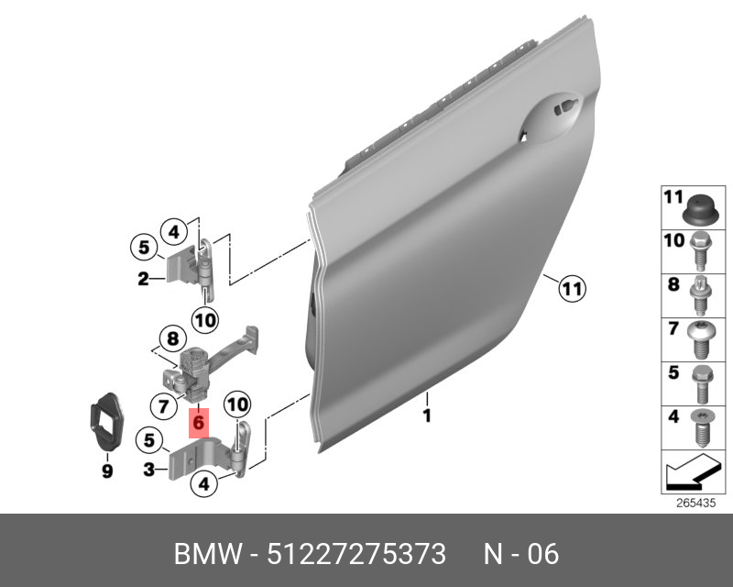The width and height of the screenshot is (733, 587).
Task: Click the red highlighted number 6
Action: point(199,423)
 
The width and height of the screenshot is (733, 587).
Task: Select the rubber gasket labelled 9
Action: point(105,422)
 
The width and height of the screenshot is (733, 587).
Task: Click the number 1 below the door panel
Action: point(427,415)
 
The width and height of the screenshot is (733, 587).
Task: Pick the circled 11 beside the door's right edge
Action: point(572,288)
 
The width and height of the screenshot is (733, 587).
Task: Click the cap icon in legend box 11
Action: point(700,211)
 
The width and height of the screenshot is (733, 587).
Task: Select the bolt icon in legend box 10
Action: point(700,251)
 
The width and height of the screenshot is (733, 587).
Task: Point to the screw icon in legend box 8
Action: point(701,295)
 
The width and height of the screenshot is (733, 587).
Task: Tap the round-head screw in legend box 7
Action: point(701,339)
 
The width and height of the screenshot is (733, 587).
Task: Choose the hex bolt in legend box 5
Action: point(701,384)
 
